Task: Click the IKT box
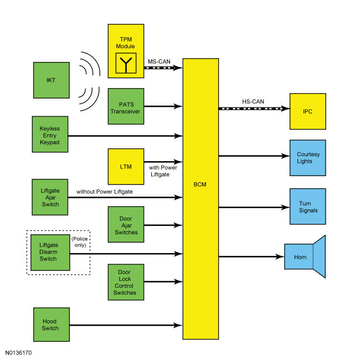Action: point(52,80)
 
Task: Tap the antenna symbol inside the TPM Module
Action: point(126,63)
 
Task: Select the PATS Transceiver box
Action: point(126,106)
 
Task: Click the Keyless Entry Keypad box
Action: point(50,135)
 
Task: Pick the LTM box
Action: point(126,167)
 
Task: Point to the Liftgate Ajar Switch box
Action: point(50,197)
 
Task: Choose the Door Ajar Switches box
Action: point(126,224)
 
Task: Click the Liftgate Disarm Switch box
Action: point(50,253)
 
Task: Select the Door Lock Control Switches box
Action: point(126,282)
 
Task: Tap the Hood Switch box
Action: point(52,325)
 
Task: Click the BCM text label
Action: point(200,184)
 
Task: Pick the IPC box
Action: point(308,111)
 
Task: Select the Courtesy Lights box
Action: point(308,158)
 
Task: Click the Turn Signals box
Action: point(308,207)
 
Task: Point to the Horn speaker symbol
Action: point(305,256)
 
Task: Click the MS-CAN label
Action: point(159,61)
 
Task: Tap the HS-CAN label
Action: point(253,101)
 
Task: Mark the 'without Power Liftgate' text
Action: point(105,192)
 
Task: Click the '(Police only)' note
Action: point(80,242)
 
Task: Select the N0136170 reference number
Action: point(18,353)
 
